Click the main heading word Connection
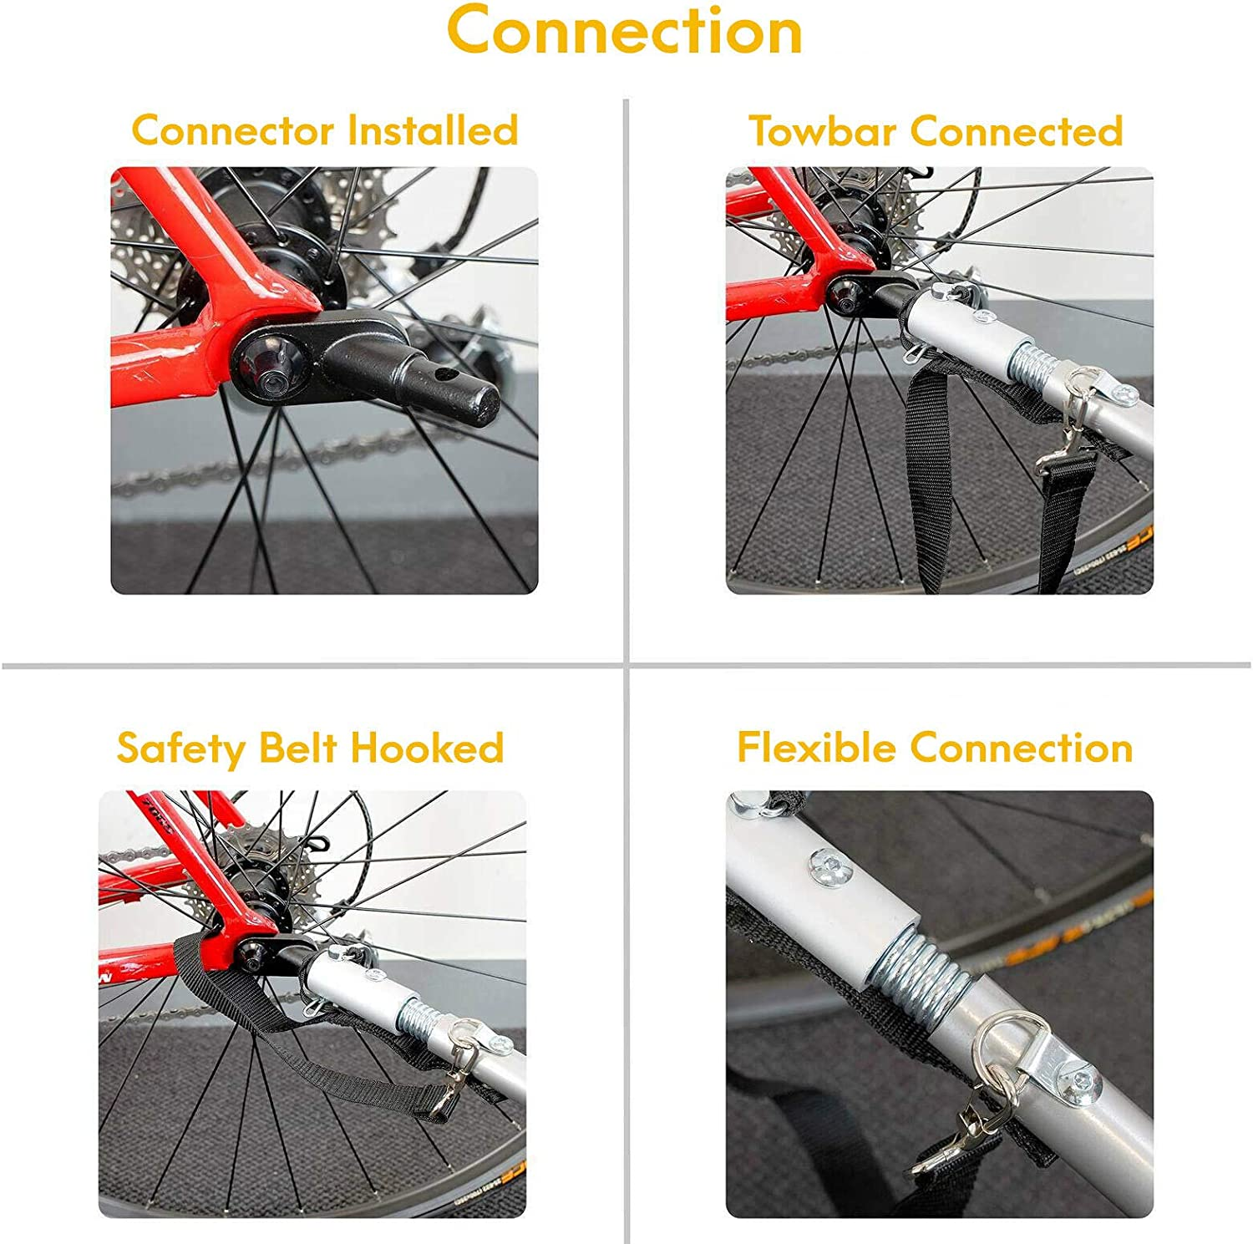[625, 31]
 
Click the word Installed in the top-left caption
[433, 131]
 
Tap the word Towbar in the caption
[822, 131]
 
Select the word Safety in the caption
[179, 749]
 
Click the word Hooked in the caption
[427, 748]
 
